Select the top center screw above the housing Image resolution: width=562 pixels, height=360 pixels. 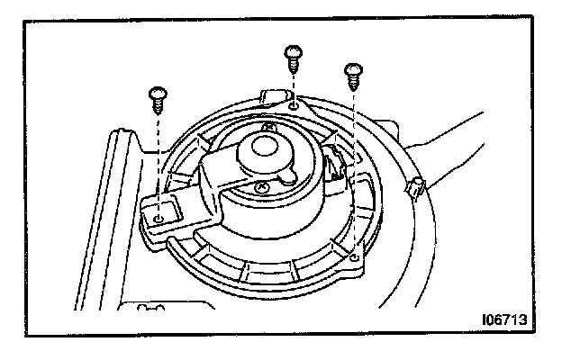click(293, 57)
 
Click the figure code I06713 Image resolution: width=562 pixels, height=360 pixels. click(503, 319)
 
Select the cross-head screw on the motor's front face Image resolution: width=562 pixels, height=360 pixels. click(260, 186)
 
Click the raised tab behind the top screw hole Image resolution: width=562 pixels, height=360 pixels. click(272, 94)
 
